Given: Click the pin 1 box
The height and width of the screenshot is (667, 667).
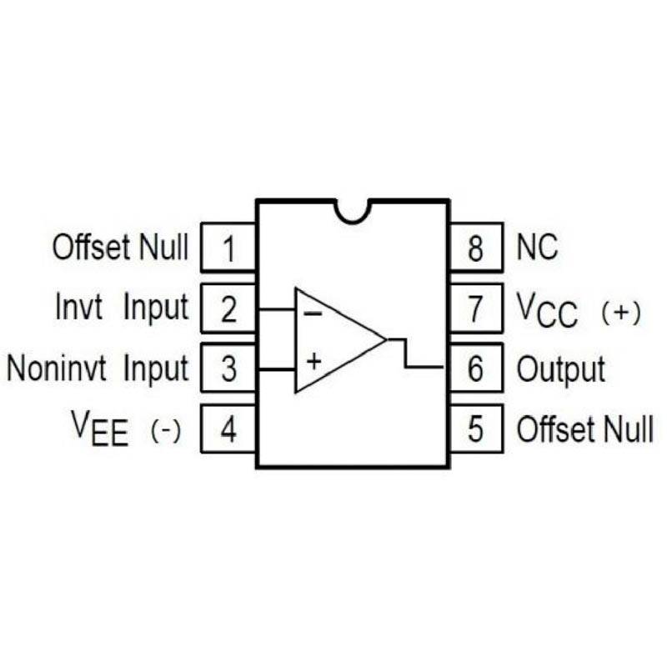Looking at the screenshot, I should click(228, 248).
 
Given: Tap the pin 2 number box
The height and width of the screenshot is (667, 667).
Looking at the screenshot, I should click(228, 308).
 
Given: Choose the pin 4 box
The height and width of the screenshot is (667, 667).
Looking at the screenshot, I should click(228, 430).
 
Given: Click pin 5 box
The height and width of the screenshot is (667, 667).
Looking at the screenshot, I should click(476, 430).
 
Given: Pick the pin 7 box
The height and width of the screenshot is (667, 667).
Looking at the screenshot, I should click(476, 308).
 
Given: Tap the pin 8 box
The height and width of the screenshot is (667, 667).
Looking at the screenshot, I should click(476, 248).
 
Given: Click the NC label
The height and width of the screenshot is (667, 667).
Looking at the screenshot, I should click(538, 248).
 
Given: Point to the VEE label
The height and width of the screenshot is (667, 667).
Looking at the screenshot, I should click(100, 430).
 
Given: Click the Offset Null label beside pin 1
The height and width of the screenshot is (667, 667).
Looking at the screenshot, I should click(121, 248).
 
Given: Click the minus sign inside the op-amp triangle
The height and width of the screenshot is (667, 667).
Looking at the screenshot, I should click(313, 313).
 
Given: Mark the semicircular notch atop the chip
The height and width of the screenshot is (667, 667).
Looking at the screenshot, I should click(353, 209).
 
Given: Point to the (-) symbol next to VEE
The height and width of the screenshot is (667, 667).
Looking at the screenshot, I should click(166, 432).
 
